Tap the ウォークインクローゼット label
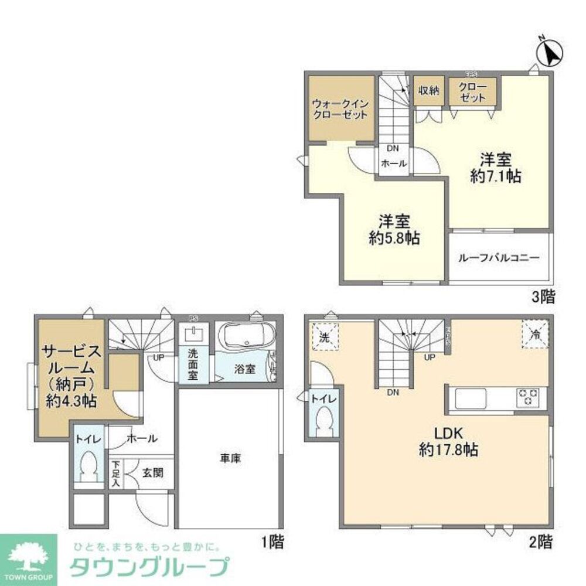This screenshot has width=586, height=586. (x=340, y=110)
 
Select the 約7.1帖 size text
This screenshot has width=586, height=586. (x=496, y=176)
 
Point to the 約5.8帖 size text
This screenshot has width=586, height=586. (x=394, y=239)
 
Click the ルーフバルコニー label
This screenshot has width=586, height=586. (x=500, y=258)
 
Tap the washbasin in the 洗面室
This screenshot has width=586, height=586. (x=193, y=335)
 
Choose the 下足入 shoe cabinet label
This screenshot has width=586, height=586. (x=115, y=473)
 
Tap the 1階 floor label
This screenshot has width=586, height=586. (x=272, y=542)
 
